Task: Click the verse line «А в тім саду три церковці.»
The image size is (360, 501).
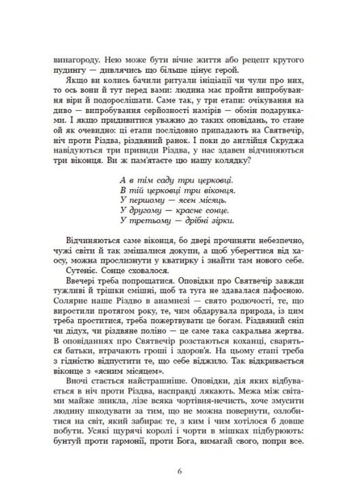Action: pos(175,180)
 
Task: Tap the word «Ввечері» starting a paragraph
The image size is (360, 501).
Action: pos(83,280)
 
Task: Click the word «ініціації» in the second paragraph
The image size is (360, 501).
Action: pos(192,81)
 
